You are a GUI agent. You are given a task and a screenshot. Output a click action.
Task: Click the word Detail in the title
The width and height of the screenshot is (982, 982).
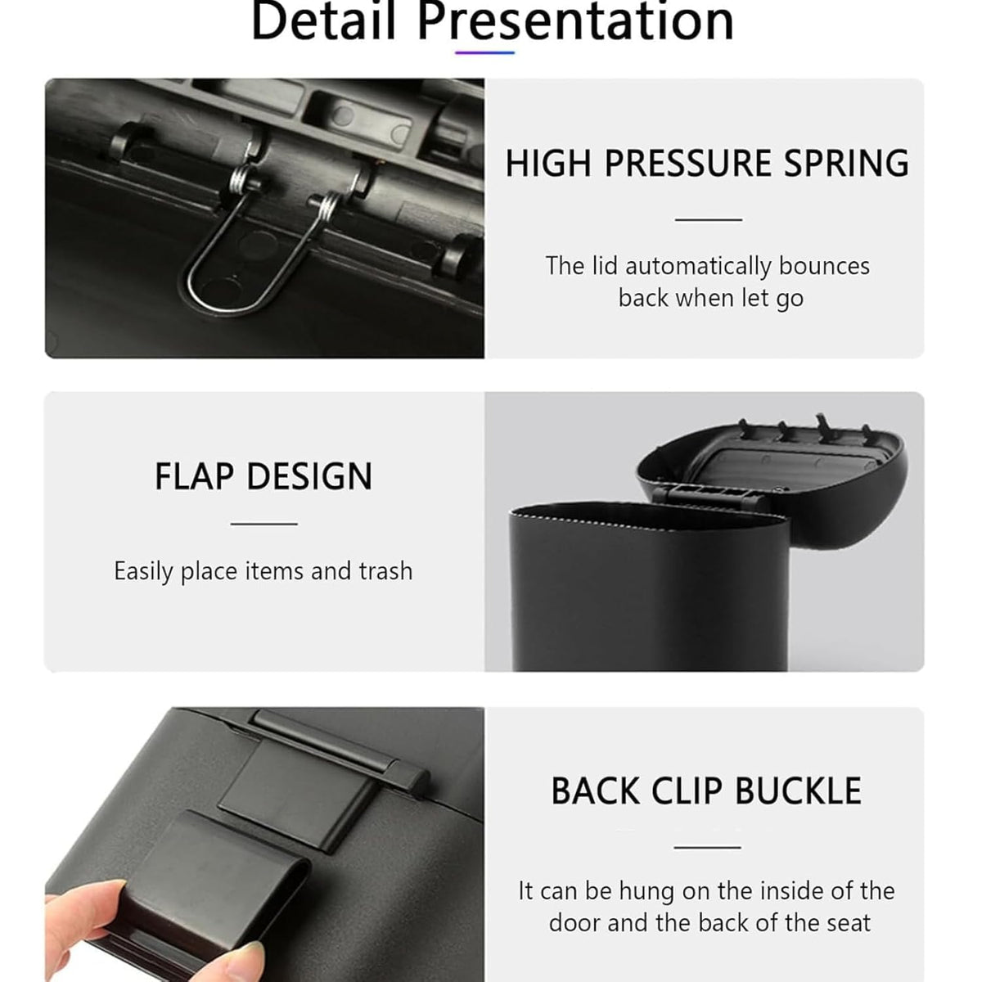(x=323, y=20)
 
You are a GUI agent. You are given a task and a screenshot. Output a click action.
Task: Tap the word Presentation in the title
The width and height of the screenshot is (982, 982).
(x=576, y=21)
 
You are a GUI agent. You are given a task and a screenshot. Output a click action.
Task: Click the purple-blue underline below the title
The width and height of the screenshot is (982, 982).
(x=484, y=52)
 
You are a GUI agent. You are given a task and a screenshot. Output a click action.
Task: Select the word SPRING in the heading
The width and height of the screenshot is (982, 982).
(x=846, y=164)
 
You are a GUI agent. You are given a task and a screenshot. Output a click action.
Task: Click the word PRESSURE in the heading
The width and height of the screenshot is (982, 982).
(x=688, y=164)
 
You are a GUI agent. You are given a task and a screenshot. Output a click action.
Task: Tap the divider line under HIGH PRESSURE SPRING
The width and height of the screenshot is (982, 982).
(x=709, y=219)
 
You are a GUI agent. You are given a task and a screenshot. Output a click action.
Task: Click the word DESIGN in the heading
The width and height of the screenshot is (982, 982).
(x=310, y=477)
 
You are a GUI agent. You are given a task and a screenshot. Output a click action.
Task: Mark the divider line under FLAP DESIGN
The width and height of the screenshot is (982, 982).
(x=264, y=524)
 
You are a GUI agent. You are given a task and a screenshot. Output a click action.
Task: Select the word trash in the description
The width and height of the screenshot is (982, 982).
(x=385, y=570)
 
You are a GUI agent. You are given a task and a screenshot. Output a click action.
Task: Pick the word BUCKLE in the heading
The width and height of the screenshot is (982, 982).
(x=798, y=791)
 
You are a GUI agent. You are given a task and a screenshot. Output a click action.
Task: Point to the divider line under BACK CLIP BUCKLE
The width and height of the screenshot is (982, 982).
(x=707, y=848)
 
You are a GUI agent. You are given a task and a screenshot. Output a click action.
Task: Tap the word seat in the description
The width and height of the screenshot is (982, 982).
(x=849, y=923)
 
